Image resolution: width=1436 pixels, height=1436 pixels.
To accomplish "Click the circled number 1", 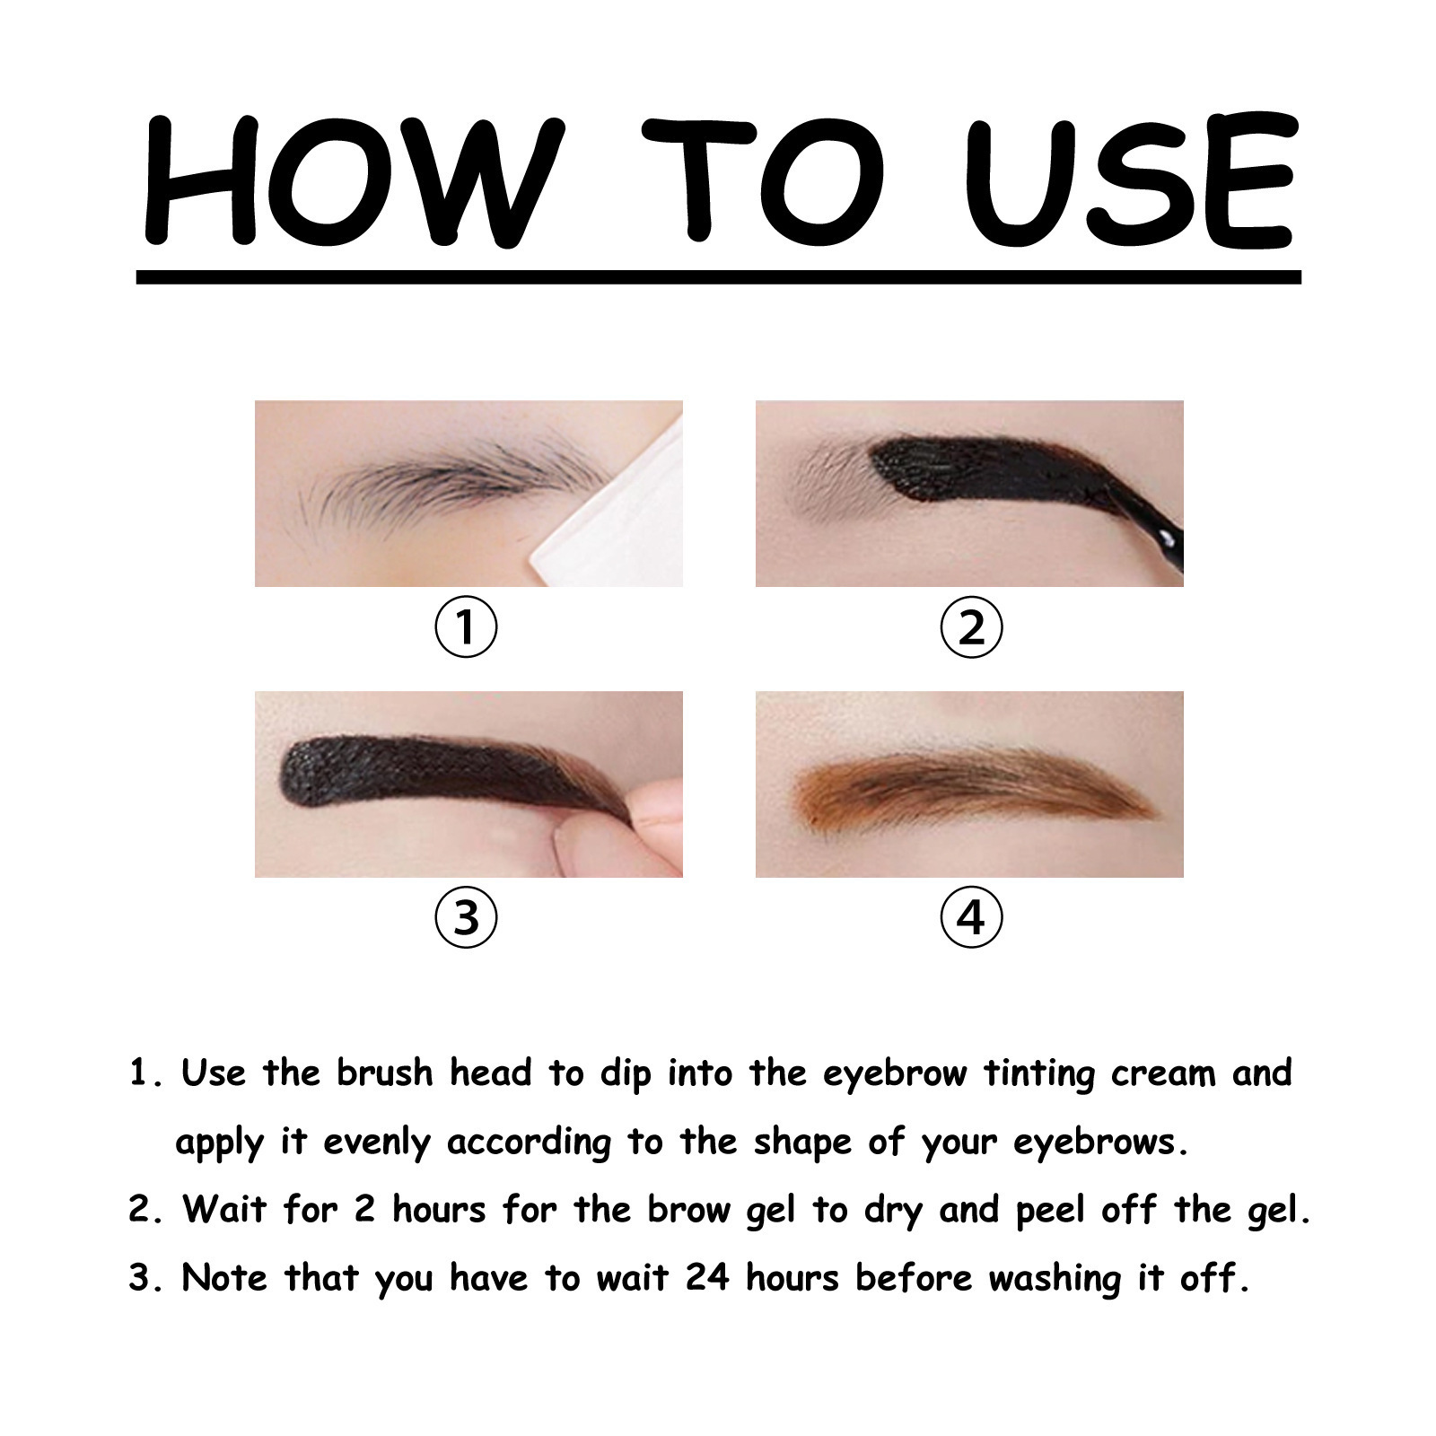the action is click(466, 626).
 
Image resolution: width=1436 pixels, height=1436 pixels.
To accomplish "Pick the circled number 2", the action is click(971, 626).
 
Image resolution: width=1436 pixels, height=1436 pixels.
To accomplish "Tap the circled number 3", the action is click(466, 917).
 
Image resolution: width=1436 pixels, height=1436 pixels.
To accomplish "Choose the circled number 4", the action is click(971, 917).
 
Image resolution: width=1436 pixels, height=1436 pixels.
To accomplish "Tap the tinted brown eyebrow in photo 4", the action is click(969, 788).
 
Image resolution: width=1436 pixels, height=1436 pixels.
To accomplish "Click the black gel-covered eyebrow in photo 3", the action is click(449, 774).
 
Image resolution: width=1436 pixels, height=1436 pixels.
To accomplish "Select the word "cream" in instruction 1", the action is click(1163, 1073).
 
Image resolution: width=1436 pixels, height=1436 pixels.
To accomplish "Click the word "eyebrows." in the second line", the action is click(1101, 1143).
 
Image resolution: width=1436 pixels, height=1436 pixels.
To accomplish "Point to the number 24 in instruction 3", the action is click(708, 1277).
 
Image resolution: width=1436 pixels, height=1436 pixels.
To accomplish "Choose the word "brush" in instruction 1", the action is click(385, 1073).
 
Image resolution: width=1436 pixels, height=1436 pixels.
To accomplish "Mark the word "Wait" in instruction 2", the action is click(225, 1210).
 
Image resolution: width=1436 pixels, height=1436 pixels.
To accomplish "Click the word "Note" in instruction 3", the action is click(224, 1278).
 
